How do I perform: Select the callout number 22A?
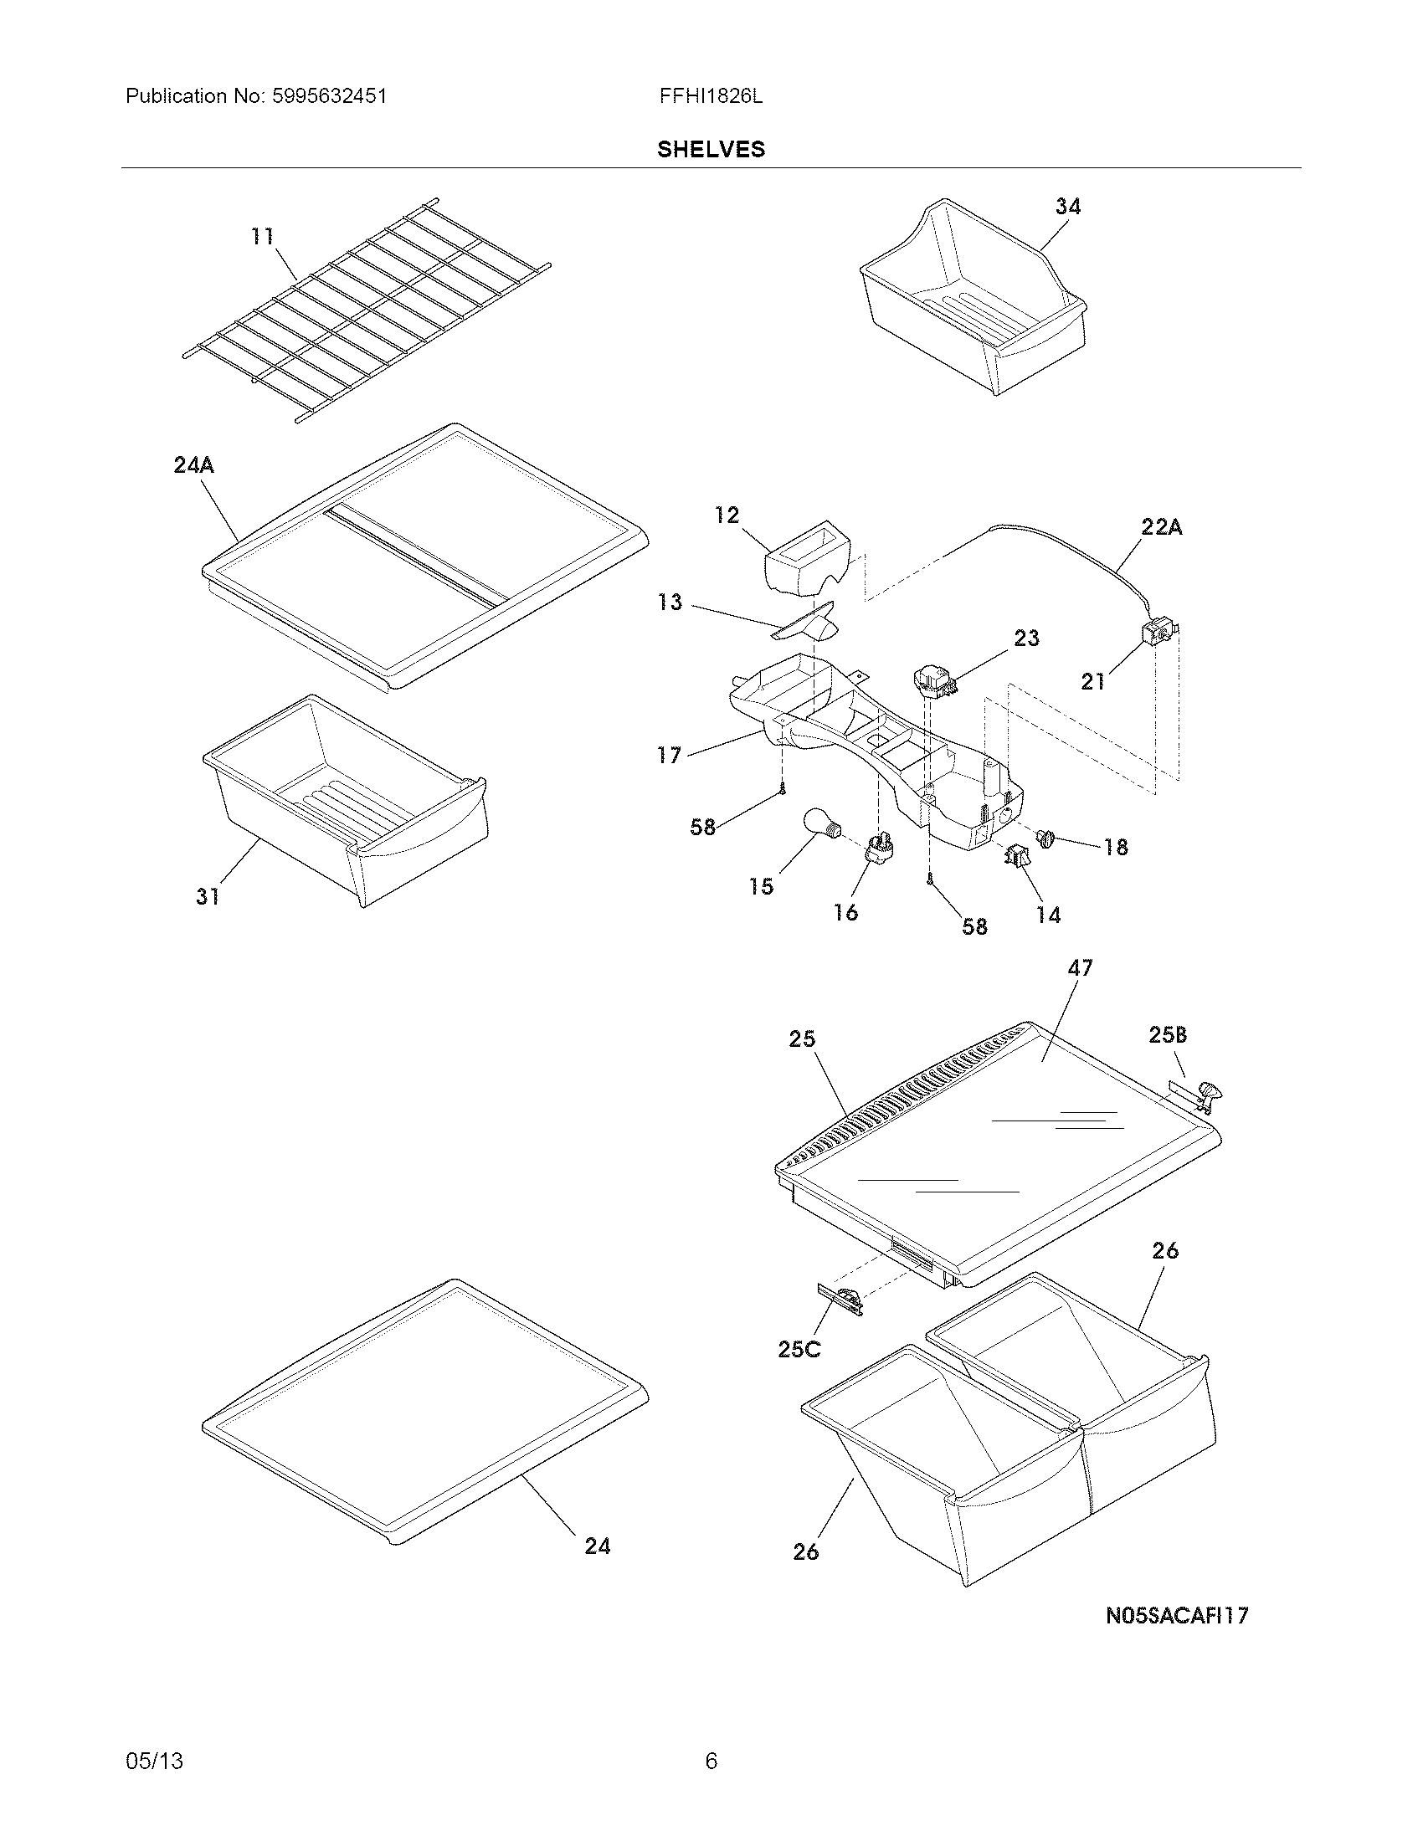pos(1161,527)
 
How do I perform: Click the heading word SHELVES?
pos(711,149)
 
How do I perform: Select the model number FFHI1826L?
pos(711,96)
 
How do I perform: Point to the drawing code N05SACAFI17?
pos(1177,1616)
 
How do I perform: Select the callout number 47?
pos(1080,967)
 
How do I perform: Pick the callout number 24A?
pos(194,464)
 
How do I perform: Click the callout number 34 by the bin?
pos(1067,206)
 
